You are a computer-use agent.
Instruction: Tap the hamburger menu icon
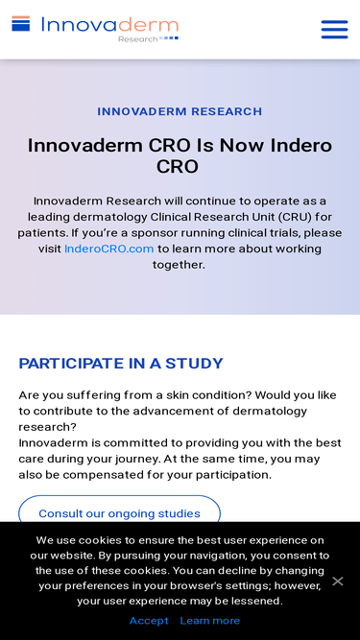point(334,30)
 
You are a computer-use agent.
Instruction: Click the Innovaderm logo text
point(109,25)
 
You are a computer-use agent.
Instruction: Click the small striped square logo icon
point(21,24)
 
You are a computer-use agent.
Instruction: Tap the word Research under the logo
point(137,39)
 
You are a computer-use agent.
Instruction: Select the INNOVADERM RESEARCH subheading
point(180,111)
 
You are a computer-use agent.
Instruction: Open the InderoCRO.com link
point(109,249)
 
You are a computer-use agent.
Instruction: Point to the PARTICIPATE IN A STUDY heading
point(121,364)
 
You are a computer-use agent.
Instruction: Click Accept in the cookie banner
point(149,621)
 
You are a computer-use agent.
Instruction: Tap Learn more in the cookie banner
point(210,621)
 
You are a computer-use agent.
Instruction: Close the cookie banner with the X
point(338,581)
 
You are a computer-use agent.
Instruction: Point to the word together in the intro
point(179,265)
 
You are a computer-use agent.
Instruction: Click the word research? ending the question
point(47,427)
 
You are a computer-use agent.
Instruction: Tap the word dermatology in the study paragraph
point(270,411)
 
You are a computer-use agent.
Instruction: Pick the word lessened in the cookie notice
point(258,601)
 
